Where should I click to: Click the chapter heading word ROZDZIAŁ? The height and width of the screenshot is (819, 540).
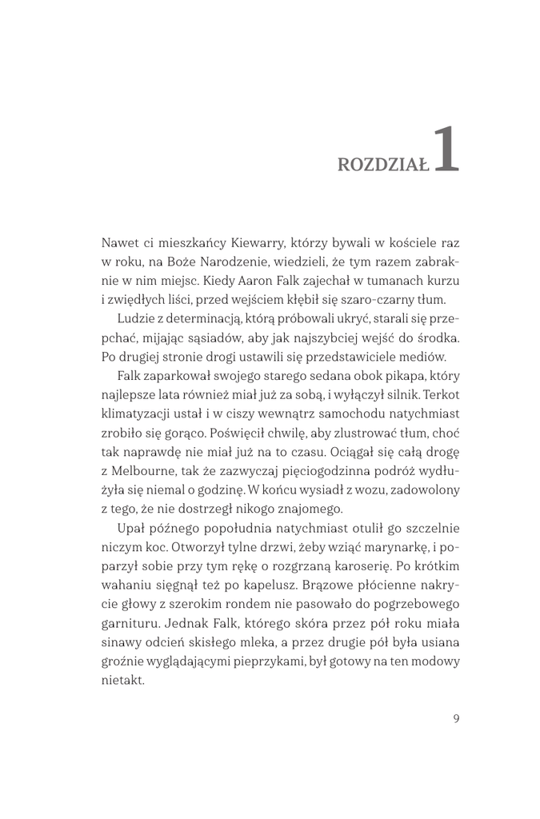pyautogui.click(x=383, y=164)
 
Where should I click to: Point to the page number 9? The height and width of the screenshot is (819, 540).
pyautogui.click(x=455, y=717)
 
